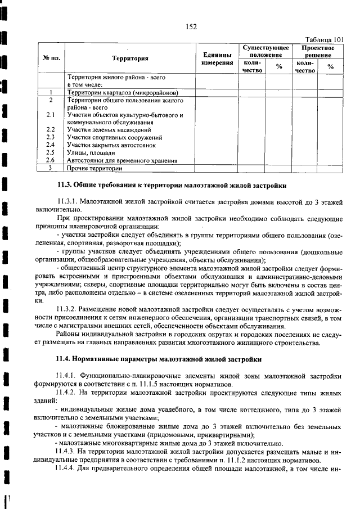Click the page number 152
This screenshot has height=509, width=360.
point(190,25)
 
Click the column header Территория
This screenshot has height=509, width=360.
point(130,58)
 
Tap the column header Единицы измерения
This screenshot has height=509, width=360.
point(217,58)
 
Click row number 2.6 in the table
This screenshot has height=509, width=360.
point(50,160)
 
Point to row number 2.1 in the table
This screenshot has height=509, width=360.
point(50,115)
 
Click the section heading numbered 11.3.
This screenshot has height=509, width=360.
point(172,184)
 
